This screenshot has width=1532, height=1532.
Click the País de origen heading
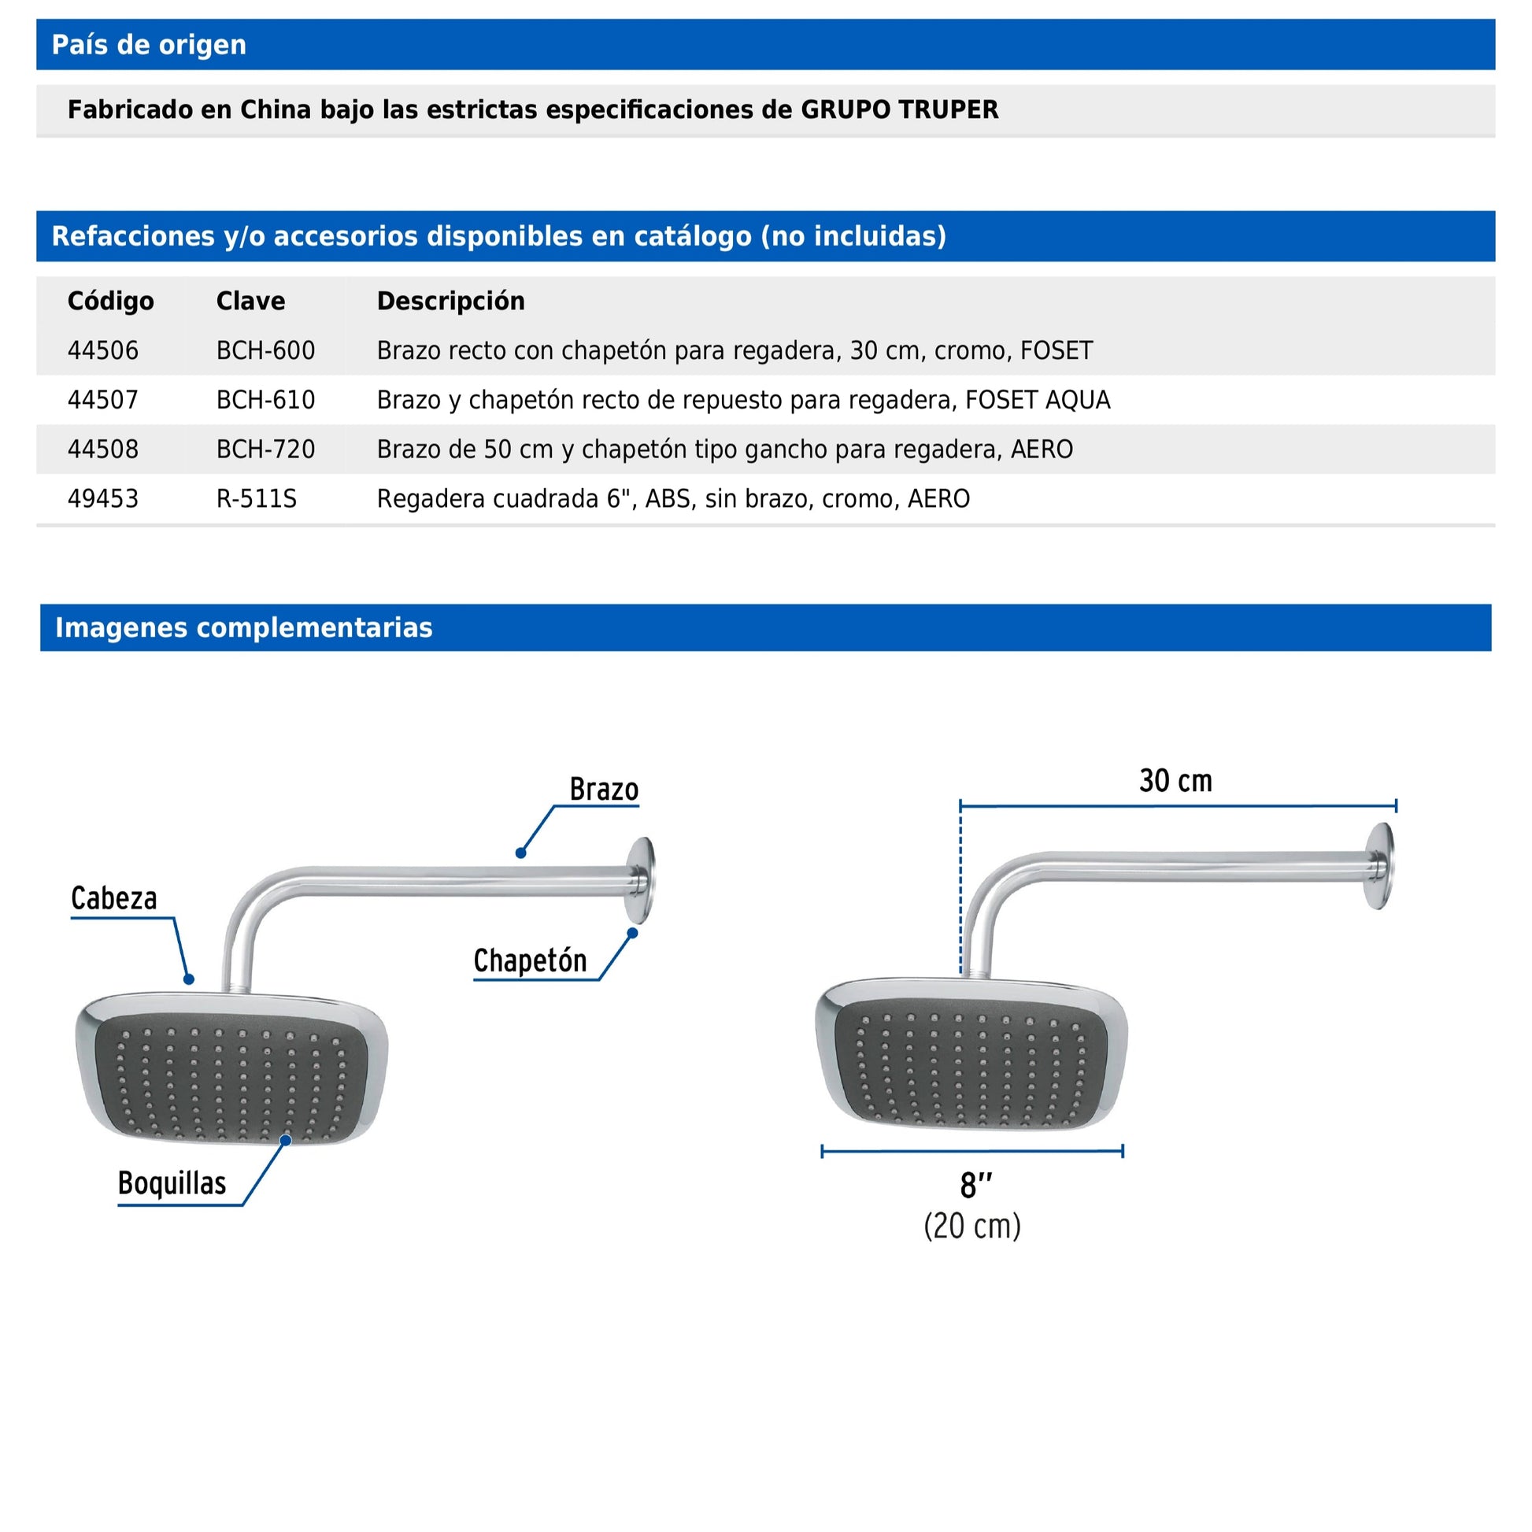tap(149, 45)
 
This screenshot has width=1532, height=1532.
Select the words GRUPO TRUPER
tap(899, 109)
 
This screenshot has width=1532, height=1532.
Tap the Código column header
tap(110, 302)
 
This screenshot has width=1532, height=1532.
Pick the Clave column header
tap(250, 302)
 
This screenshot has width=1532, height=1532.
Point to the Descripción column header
tap(450, 302)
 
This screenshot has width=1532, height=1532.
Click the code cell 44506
tap(103, 350)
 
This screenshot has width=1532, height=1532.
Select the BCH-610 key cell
tap(265, 401)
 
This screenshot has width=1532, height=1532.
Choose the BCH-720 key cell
tap(265, 450)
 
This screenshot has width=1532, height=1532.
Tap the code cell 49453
tap(103, 499)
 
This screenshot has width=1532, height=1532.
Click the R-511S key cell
tap(256, 499)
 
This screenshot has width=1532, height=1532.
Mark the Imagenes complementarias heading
tap(243, 628)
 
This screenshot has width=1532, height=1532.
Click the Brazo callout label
tap(604, 790)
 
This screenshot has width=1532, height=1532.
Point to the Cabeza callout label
tap(114, 898)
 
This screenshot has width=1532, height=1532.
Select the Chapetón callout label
tap(530, 961)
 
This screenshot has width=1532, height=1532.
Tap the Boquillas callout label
tap(172, 1183)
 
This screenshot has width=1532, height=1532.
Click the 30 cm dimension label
tap(1175, 781)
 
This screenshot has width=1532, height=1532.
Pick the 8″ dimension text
tap(975, 1186)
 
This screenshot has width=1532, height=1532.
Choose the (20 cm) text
tap(972, 1226)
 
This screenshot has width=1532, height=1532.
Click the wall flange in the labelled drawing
tap(641, 880)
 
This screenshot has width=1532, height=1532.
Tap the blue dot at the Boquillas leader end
tap(286, 1140)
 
